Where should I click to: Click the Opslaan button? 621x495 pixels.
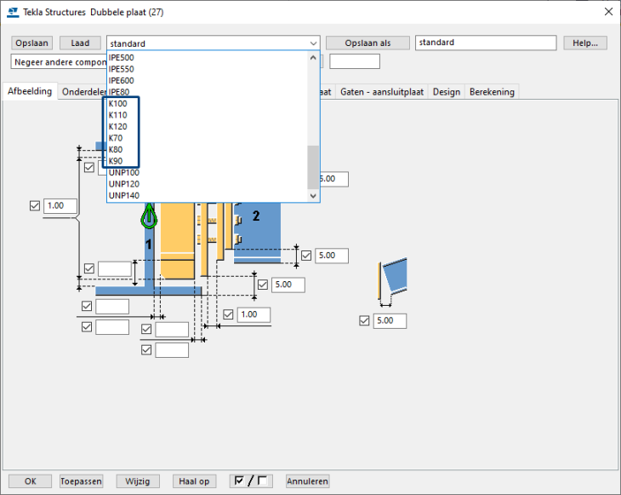tap(32, 43)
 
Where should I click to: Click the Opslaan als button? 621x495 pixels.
tap(367, 43)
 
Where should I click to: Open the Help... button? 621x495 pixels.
tap(584, 43)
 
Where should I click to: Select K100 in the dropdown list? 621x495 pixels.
tap(118, 103)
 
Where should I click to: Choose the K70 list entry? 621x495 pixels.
tap(116, 138)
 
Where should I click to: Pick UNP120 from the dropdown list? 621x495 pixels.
tap(124, 184)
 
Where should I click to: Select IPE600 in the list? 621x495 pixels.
tap(122, 80)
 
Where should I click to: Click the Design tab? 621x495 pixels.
tap(446, 92)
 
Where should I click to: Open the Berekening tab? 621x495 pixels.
tap(491, 92)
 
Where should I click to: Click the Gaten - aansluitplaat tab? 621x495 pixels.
tap(382, 92)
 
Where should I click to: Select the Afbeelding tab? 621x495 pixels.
tap(31, 91)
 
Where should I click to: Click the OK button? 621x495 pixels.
tap(31, 481)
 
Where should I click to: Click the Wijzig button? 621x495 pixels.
tap(137, 481)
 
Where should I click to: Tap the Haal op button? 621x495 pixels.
tap(194, 481)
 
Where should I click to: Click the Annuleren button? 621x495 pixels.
tap(307, 481)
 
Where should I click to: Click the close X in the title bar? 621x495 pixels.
tap(607, 11)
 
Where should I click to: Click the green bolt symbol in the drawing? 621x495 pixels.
tap(149, 217)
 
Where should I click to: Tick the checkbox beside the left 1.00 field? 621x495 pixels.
tap(35, 206)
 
